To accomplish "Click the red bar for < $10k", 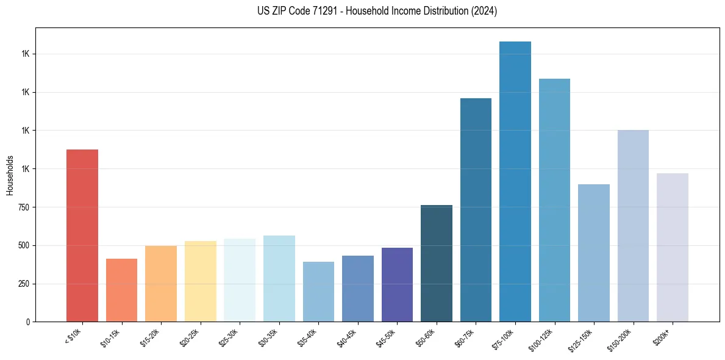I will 82,236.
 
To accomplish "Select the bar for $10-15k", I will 121,290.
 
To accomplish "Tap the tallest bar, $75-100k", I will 515,182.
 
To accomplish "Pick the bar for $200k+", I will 673,248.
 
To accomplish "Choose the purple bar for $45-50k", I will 397,285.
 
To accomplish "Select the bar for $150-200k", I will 633,226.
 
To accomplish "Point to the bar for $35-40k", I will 318,292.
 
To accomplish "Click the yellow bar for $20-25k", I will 200,281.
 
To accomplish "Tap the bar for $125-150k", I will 594,253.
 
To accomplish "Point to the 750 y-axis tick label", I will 24,207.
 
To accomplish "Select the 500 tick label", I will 24,245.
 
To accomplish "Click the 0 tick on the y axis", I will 28,322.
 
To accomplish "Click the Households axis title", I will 10,175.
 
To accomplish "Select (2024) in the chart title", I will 485,11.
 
